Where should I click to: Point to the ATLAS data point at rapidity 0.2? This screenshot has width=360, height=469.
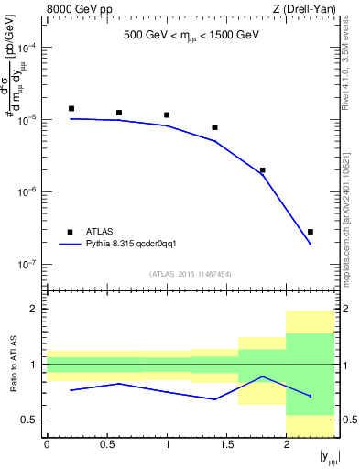pos(71,108)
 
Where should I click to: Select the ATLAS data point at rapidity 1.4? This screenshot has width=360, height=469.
pos(214,127)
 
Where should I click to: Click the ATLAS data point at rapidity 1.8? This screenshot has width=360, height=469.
pos(263,170)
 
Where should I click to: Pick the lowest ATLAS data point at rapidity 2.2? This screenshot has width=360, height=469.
pos(311,232)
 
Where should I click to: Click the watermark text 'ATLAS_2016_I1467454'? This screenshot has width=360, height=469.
pos(190,274)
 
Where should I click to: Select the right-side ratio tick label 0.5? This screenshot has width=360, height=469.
pos(348,420)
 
